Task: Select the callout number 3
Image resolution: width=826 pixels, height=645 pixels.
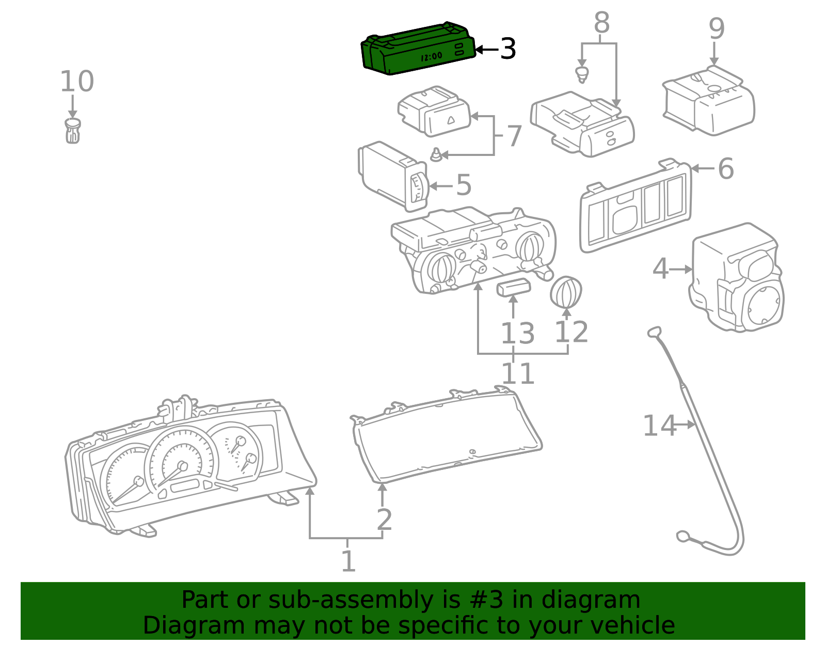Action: point(508,49)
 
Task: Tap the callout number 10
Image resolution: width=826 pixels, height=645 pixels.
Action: point(77,82)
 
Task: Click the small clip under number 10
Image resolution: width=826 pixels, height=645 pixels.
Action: point(73,131)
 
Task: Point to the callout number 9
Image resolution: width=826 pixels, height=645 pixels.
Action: point(717,29)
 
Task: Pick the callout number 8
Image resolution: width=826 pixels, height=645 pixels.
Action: point(602,22)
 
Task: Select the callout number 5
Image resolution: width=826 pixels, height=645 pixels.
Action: point(464,185)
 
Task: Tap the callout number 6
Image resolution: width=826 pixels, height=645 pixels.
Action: point(726,168)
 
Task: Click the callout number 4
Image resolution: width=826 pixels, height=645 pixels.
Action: point(661,269)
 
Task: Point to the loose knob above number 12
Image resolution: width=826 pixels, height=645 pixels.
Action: point(566,292)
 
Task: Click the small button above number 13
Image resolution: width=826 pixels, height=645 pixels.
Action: point(514,287)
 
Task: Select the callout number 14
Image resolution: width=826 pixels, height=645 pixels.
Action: point(660,426)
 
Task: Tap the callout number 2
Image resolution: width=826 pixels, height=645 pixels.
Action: point(384,520)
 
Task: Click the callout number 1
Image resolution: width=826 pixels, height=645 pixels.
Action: point(348,561)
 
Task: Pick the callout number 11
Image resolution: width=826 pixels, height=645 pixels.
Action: point(518,373)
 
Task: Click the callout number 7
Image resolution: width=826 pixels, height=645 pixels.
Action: point(515,136)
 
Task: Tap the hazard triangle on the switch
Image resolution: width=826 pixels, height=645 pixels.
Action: point(451,120)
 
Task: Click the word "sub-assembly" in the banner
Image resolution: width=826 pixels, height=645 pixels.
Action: point(351,600)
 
